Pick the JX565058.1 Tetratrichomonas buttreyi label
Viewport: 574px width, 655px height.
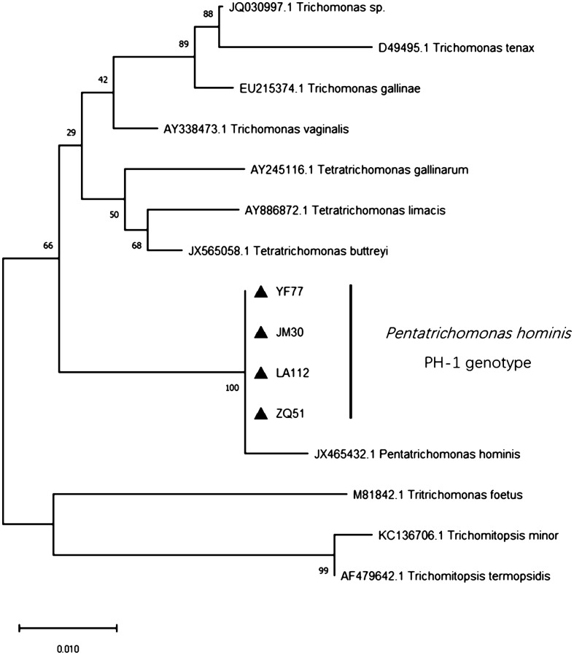277,252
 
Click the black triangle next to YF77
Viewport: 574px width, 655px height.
261,292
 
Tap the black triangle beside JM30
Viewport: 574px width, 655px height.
261,333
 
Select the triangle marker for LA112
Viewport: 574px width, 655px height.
261,373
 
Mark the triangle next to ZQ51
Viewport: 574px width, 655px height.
261,414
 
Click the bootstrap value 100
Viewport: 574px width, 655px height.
232,388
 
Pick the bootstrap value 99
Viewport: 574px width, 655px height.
325,571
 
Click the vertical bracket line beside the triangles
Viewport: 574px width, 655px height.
352,352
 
